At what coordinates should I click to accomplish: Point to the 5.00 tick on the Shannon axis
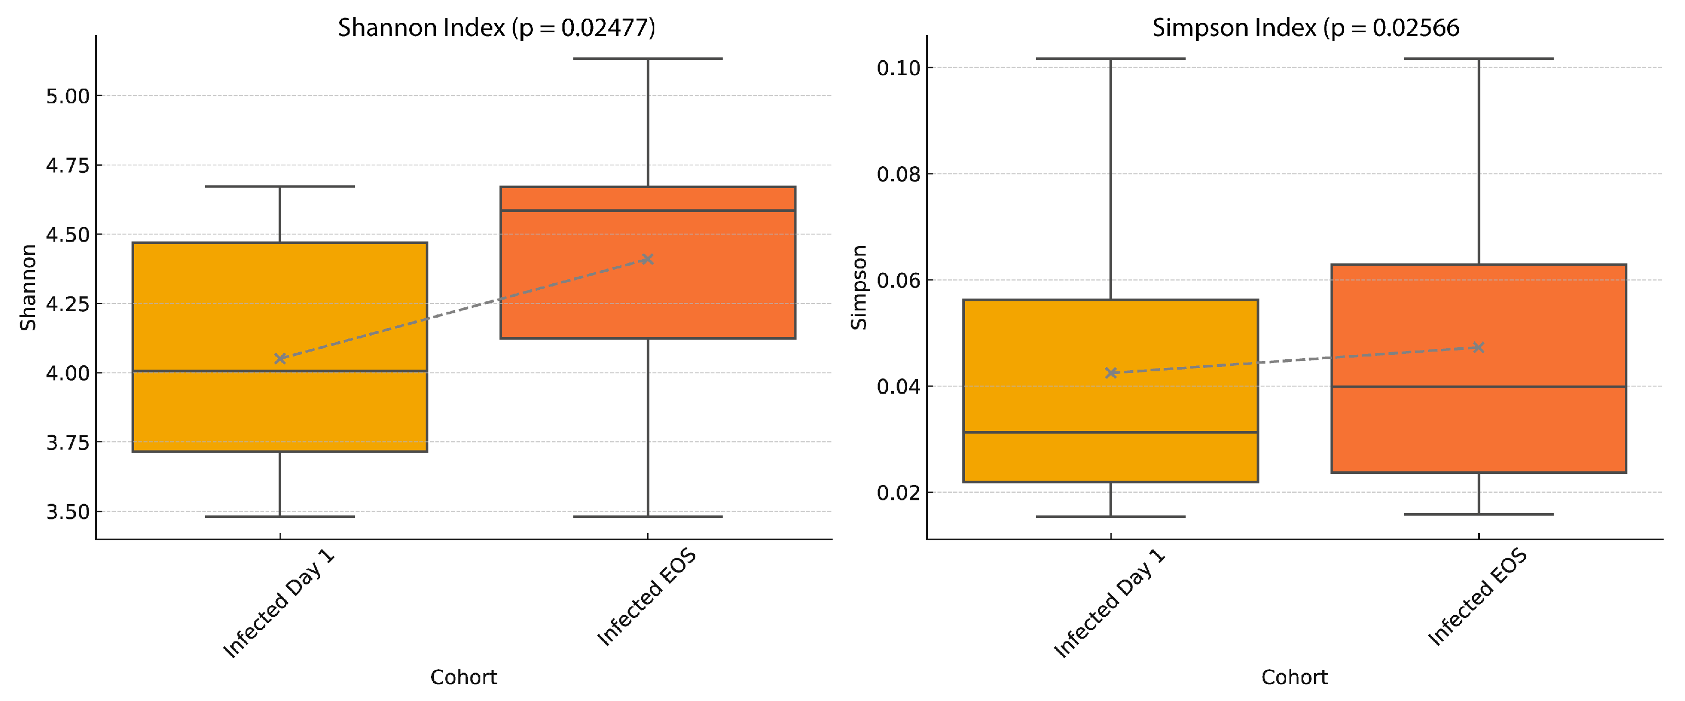point(67,96)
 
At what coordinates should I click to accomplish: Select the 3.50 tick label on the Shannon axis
point(67,511)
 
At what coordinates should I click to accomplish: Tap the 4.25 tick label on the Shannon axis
point(67,304)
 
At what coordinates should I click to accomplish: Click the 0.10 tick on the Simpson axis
point(899,67)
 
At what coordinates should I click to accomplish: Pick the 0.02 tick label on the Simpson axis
point(899,493)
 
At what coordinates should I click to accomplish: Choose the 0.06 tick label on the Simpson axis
point(899,281)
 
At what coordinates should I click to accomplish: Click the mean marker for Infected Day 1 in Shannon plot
point(280,358)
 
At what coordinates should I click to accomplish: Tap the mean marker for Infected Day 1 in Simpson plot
point(1111,373)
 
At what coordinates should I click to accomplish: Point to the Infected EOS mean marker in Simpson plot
point(1478,347)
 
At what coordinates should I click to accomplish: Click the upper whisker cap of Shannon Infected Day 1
point(280,186)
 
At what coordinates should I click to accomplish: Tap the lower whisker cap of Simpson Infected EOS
point(1478,514)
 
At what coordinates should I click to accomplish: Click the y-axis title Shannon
point(27,288)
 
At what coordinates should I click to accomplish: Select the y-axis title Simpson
point(858,288)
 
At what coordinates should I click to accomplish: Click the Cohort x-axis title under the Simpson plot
point(1294,677)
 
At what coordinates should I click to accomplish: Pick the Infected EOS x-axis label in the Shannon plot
point(646,598)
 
